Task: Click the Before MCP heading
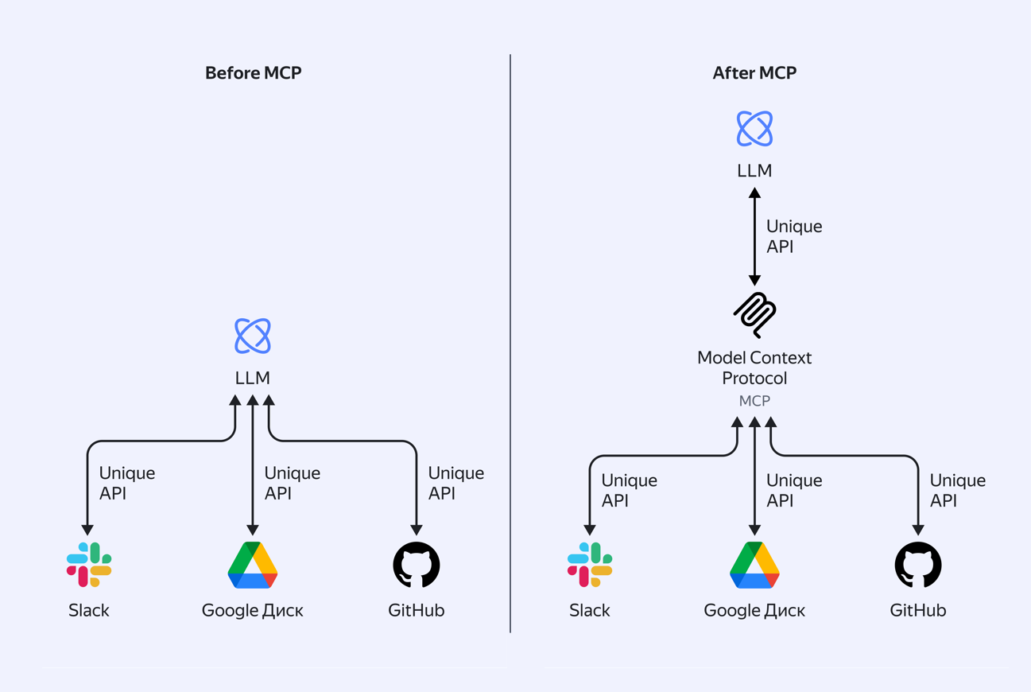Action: tap(253, 73)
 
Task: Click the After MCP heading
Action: tap(754, 73)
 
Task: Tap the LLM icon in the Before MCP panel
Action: tap(253, 336)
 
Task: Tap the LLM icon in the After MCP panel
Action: tap(754, 129)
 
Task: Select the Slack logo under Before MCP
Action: tap(89, 565)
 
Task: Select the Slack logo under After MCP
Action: tap(590, 565)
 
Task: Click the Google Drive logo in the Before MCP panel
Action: tap(253, 565)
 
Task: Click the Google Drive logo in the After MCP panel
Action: tap(754, 565)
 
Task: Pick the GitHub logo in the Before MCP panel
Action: tap(417, 565)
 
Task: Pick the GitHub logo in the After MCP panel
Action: tap(918, 565)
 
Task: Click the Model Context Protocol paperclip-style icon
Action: tap(754, 315)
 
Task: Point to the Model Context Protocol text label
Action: tap(754, 367)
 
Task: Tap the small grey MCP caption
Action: tap(754, 401)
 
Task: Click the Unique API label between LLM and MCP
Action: tap(793, 236)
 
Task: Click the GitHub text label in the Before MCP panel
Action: tap(417, 611)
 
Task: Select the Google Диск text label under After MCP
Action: tap(754, 611)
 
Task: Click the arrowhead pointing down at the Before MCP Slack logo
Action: tap(87, 530)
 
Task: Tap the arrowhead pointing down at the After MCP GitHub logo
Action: tap(918, 530)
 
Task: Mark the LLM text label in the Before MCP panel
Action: tap(253, 378)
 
